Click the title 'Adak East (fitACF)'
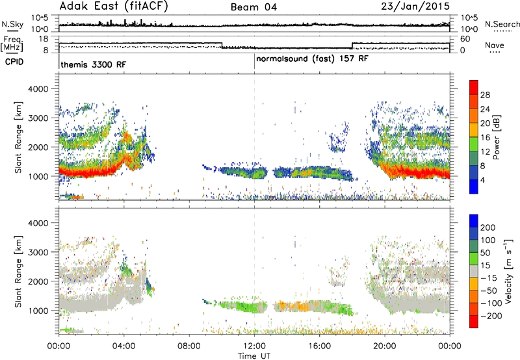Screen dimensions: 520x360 pyautogui.click(x=114, y=6)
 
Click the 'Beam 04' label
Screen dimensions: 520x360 pyautogui.click(x=253, y=7)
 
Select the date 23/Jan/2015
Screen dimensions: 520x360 pyautogui.click(x=415, y=6)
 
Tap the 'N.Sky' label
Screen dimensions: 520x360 pyautogui.click(x=12, y=24)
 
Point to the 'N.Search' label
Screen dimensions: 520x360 pyautogui.click(x=502, y=24)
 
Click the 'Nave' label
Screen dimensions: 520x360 pyautogui.click(x=495, y=45)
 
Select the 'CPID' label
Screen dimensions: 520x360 pyautogui.click(x=14, y=62)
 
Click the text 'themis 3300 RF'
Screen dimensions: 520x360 pyautogui.click(x=93, y=64)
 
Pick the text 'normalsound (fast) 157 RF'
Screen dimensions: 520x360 pyautogui.click(x=312, y=58)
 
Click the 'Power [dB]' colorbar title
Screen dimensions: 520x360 pyautogui.click(x=496, y=137)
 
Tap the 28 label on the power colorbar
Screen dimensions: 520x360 pyautogui.click(x=485, y=95)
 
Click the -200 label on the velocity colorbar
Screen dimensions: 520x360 pyautogui.click(x=491, y=316)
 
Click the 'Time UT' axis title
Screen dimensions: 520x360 pyautogui.click(x=254, y=356)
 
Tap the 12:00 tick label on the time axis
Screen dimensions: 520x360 pyautogui.click(x=254, y=346)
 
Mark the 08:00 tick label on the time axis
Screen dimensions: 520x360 pyautogui.click(x=189, y=346)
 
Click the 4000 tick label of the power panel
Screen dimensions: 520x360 pyautogui.click(x=38, y=89)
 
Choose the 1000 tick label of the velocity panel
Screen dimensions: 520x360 pyautogui.click(x=38, y=311)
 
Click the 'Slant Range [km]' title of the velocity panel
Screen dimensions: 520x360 pyautogui.click(x=18, y=272)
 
